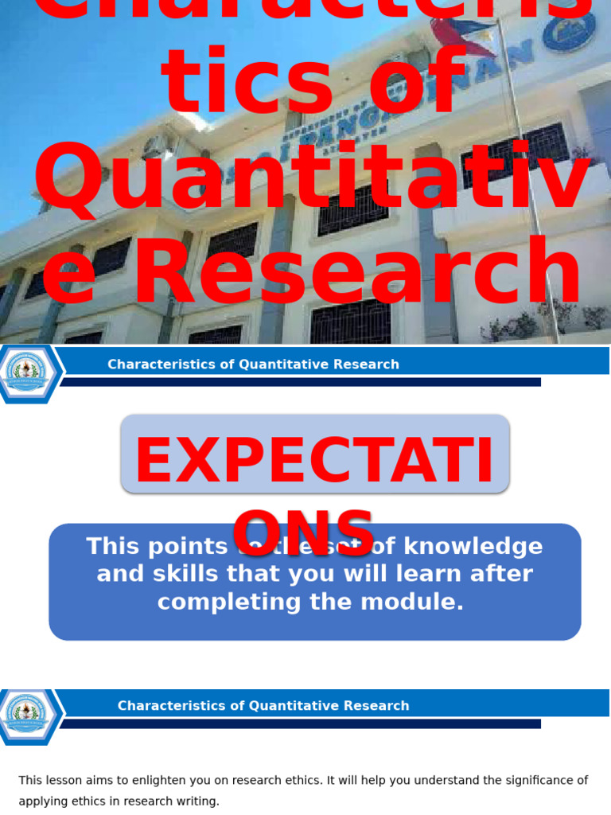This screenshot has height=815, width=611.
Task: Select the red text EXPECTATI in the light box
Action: tap(314, 462)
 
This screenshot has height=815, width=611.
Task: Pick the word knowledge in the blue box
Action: tap(473, 547)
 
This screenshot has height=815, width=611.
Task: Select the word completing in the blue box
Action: tap(231, 602)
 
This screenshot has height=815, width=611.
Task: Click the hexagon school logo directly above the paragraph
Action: tap(28, 716)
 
